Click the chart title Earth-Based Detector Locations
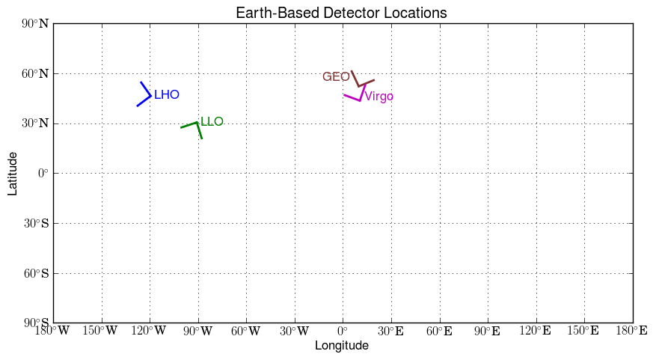pyautogui.click(x=341, y=13)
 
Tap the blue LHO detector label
pyautogui.click(x=166, y=95)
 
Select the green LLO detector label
pyautogui.click(x=212, y=121)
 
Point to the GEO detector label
pyautogui.click(x=336, y=77)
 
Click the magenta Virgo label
pyautogui.click(x=378, y=97)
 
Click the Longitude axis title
pyautogui.click(x=341, y=345)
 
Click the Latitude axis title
pyautogui.click(x=13, y=173)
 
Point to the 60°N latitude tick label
pyautogui.click(x=34, y=73)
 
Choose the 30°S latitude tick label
pyautogui.click(x=35, y=223)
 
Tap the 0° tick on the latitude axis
pyautogui.click(x=42, y=173)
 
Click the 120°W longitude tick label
pyautogui.click(x=150, y=331)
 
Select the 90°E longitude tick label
pyautogui.click(x=488, y=331)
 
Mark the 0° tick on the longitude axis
pyautogui.click(x=343, y=331)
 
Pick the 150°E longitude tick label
pyautogui.click(x=584, y=331)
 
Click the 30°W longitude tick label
pyautogui.click(x=294, y=331)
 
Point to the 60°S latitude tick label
pyautogui.click(x=35, y=273)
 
